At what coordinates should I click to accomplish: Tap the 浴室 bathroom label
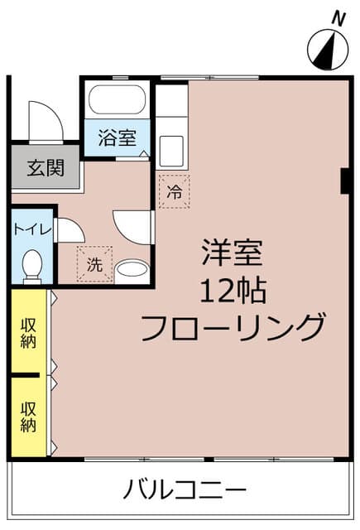click(x=117, y=138)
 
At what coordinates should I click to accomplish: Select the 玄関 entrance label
click(x=45, y=168)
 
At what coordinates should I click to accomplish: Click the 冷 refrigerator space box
click(x=174, y=191)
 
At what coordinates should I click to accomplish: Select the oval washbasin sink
click(x=131, y=269)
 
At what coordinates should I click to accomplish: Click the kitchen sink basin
click(x=173, y=152)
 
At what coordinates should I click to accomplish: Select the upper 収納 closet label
click(x=28, y=333)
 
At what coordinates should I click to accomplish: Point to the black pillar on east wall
click(x=343, y=181)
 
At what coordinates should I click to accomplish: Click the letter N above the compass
click(x=337, y=17)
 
